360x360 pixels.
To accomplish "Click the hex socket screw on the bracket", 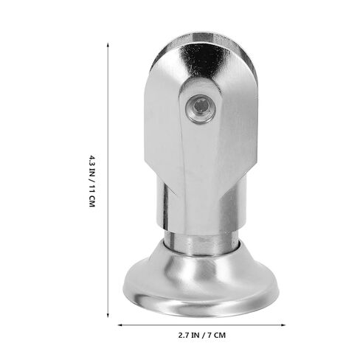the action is click(x=201, y=109).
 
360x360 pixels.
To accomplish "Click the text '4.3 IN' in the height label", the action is click(x=91, y=167).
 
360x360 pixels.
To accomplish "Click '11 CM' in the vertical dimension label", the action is click(x=91, y=196).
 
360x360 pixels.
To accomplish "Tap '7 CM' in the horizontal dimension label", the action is click(x=216, y=335).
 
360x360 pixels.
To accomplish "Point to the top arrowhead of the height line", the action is click(x=108, y=45).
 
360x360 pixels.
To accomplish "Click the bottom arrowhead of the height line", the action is click(x=108, y=315).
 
